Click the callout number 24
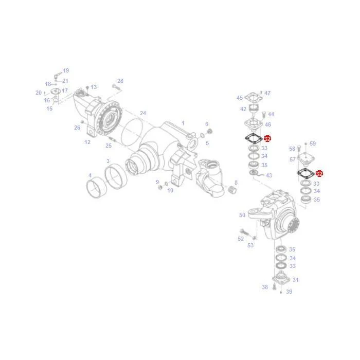pos(143,113)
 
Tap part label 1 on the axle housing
pos(183,123)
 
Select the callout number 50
pos(242,215)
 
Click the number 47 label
pos(267,93)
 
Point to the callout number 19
pos(66,71)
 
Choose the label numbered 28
pos(120,81)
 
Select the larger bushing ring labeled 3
pos(116,176)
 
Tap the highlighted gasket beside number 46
pos(254,138)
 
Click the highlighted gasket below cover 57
pos(306,173)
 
